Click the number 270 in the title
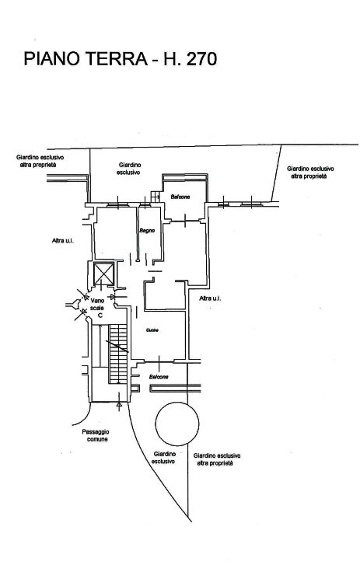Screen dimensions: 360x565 coord(201,59)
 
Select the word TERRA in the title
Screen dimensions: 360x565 coord(116,59)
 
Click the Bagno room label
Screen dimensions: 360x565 coord(147,231)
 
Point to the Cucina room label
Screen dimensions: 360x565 coord(152,330)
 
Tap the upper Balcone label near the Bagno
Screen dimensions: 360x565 coord(180,197)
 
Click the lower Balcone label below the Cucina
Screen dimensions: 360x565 coord(159,377)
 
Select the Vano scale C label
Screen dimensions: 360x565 coord(98,308)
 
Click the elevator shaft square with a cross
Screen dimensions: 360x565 coord(103,274)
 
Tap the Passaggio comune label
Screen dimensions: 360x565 coord(96,435)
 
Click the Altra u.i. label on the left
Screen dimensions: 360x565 coord(63,241)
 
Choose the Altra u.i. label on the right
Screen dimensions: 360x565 coord(210,298)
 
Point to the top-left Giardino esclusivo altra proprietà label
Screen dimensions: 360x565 coord(40,161)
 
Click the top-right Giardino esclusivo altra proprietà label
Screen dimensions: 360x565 coord(310,173)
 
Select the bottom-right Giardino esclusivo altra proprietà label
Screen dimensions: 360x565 coord(217,459)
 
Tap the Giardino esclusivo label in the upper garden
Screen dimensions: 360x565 coord(128,169)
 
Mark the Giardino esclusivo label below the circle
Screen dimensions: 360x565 coord(164,458)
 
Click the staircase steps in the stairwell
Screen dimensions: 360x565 coord(118,353)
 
